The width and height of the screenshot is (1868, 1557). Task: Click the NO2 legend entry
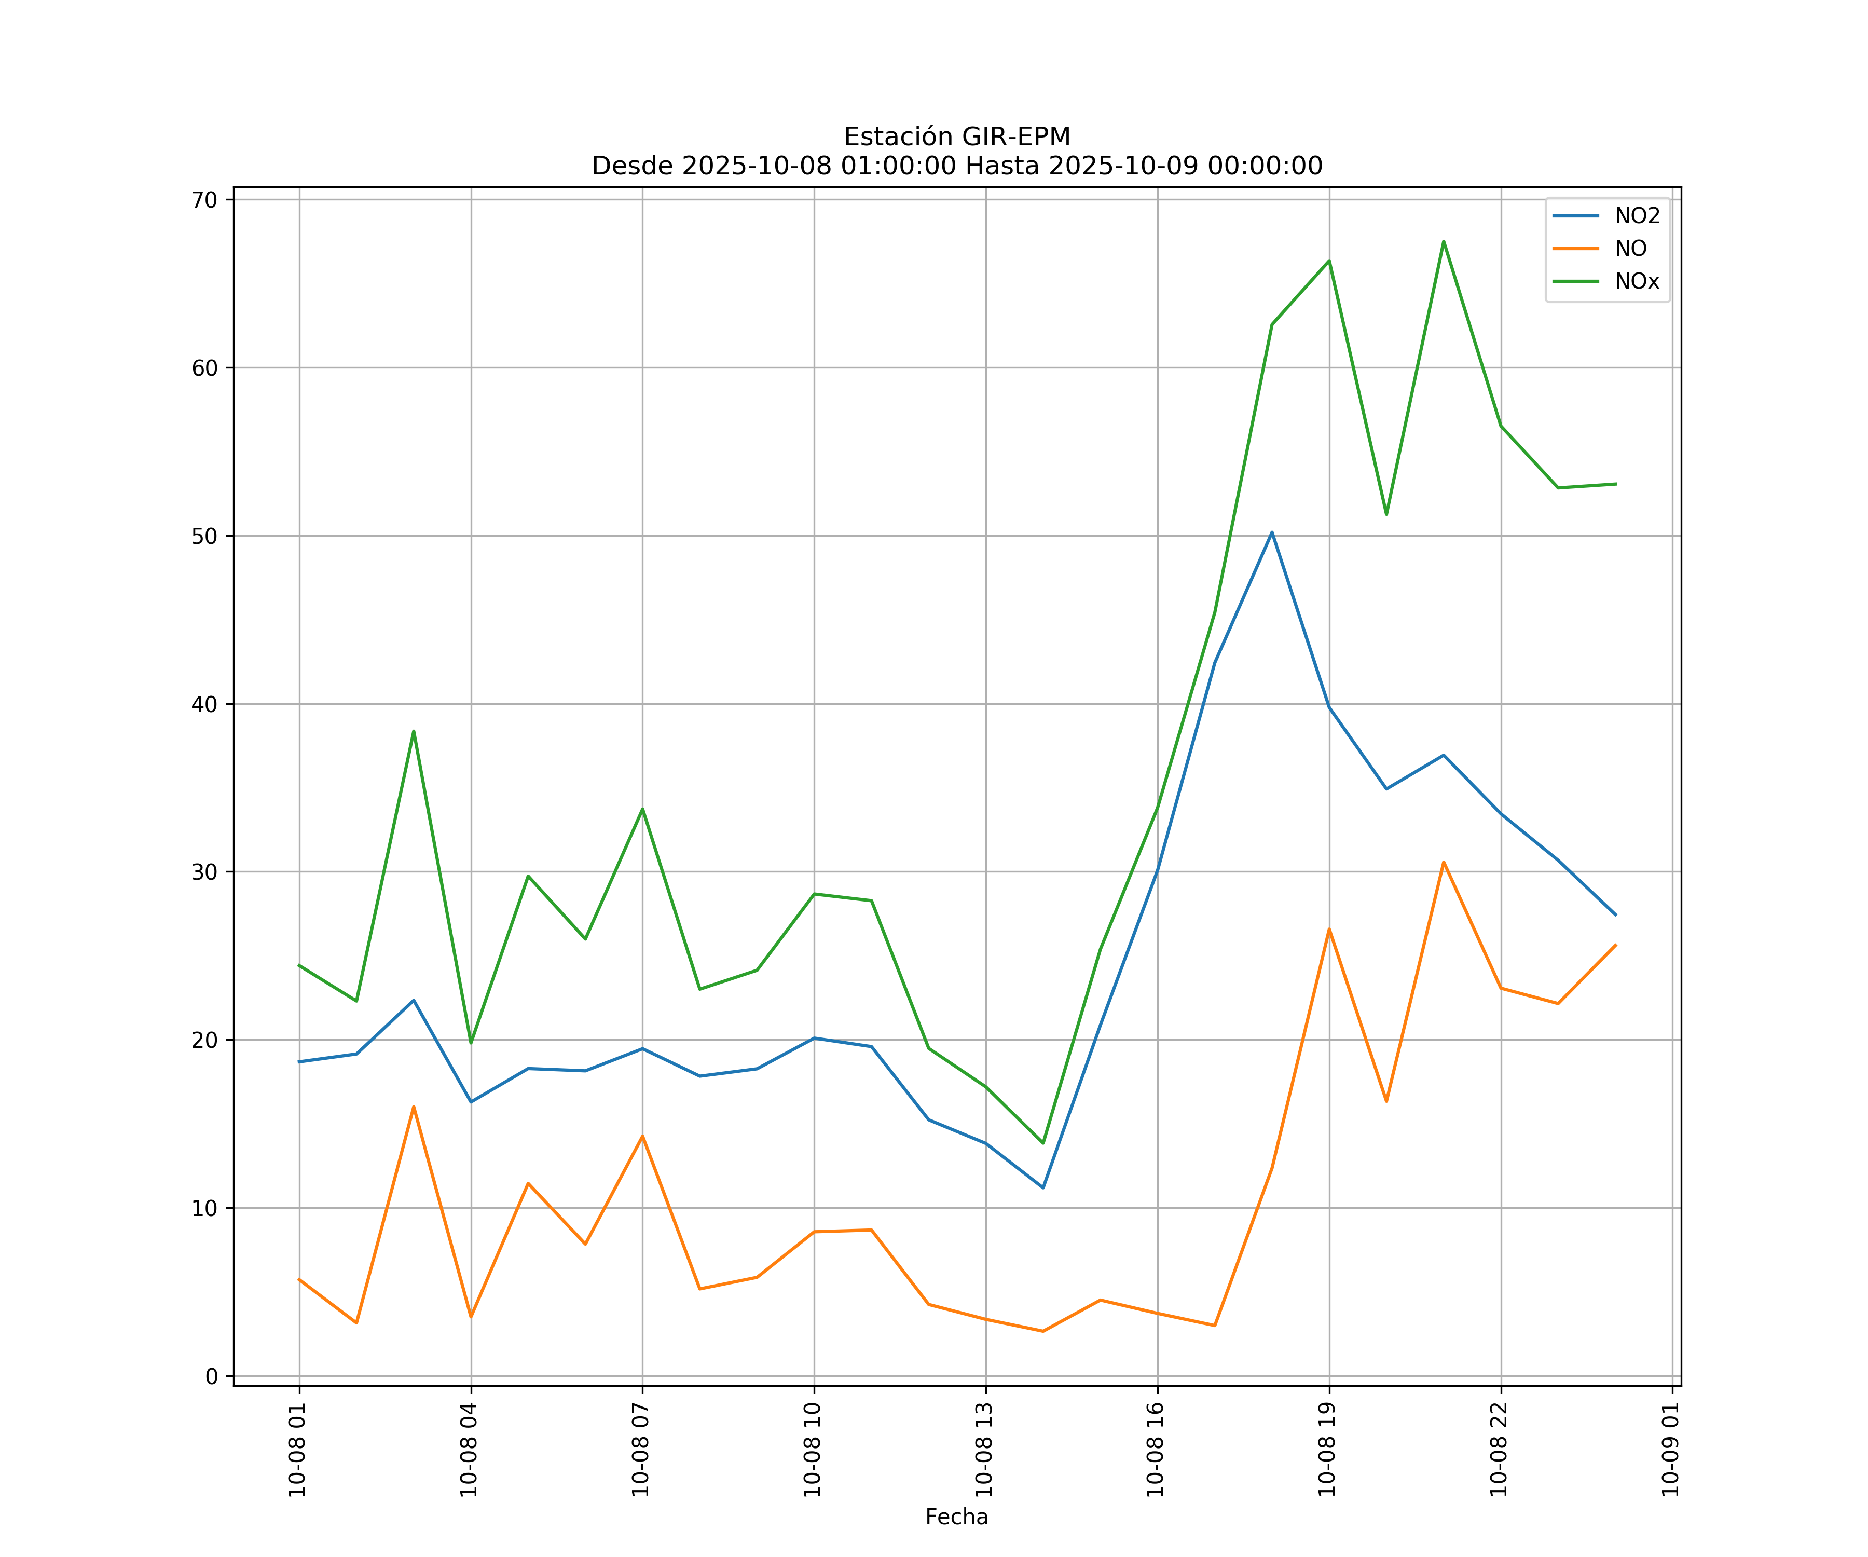(1637, 216)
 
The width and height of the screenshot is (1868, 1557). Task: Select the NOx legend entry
(1637, 282)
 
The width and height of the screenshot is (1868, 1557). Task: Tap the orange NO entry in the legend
(1630, 249)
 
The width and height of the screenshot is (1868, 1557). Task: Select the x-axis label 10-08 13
(984, 1449)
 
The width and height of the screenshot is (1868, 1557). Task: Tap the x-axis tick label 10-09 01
(1670, 1449)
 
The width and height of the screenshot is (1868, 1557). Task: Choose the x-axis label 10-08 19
(1327, 1449)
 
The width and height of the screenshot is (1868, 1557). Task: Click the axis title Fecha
(956, 1517)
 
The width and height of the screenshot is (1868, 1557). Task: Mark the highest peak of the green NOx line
(1444, 241)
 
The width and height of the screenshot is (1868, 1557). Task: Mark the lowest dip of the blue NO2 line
(1042, 1188)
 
